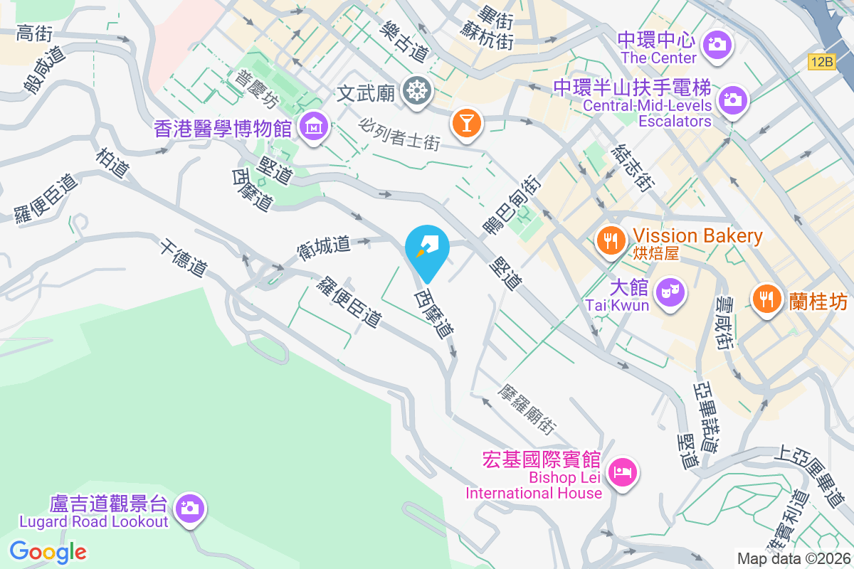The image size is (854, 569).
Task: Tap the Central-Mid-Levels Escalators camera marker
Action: pyautogui.click(x=732, y=100)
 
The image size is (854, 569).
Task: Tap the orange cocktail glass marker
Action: pyautogui.click(x=466, y=124)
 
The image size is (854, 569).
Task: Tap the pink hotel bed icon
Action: pyautogui.click(x=623, y=472)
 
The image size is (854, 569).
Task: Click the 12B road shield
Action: pyautogui.click(x=821, y=63)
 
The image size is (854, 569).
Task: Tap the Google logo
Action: pyautogui.click(x=48, y=551)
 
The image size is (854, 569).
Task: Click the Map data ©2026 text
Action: pyautogui.click(x=793, y=559)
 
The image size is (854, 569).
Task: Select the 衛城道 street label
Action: pyautogui.click(x=324, y=246)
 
